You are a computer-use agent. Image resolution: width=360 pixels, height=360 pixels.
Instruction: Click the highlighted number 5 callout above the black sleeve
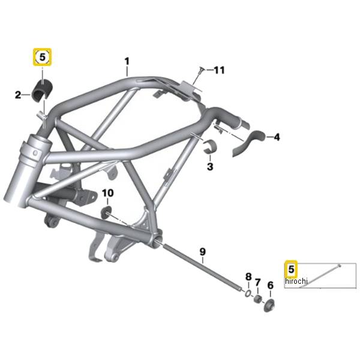click(x=42, y=57)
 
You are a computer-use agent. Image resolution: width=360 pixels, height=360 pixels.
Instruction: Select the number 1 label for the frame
click(x=127, y=62)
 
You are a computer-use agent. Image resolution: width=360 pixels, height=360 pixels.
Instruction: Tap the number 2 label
click(x=18, y=95)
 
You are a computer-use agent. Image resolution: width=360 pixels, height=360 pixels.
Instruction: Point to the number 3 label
click(x=210, y=166)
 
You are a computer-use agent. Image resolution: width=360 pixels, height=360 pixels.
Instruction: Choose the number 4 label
click(x=277, y=137)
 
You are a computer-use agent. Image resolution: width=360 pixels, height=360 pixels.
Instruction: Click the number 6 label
click(x=271, y=286)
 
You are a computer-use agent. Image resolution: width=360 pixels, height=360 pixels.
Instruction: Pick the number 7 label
click(x=257, y=282)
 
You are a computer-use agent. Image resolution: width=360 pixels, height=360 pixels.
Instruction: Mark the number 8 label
click(x=248, y=277)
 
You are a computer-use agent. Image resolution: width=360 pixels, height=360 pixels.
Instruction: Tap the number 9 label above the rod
click(x=202, y=251)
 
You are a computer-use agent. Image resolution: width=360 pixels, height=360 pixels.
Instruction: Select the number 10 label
click(x=107, y=193)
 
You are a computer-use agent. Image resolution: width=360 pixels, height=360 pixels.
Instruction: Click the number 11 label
click(x=219, y=70)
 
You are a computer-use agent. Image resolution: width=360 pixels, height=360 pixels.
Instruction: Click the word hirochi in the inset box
click(x=296, y=281)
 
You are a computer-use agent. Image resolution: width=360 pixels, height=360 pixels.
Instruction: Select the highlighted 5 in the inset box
click(x=291, y=269)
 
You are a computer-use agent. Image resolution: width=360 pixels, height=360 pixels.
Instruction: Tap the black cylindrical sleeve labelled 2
click(x=42, y=91)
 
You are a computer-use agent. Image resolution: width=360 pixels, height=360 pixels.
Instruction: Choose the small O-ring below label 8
click(x=248, y=293)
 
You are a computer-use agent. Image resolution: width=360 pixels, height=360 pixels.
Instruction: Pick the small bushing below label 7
click(x=257, y=299)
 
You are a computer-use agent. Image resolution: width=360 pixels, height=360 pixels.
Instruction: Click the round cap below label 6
click(x=269, y=305)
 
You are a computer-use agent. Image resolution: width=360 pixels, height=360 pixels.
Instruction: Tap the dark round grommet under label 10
click(x=106, y=212)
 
